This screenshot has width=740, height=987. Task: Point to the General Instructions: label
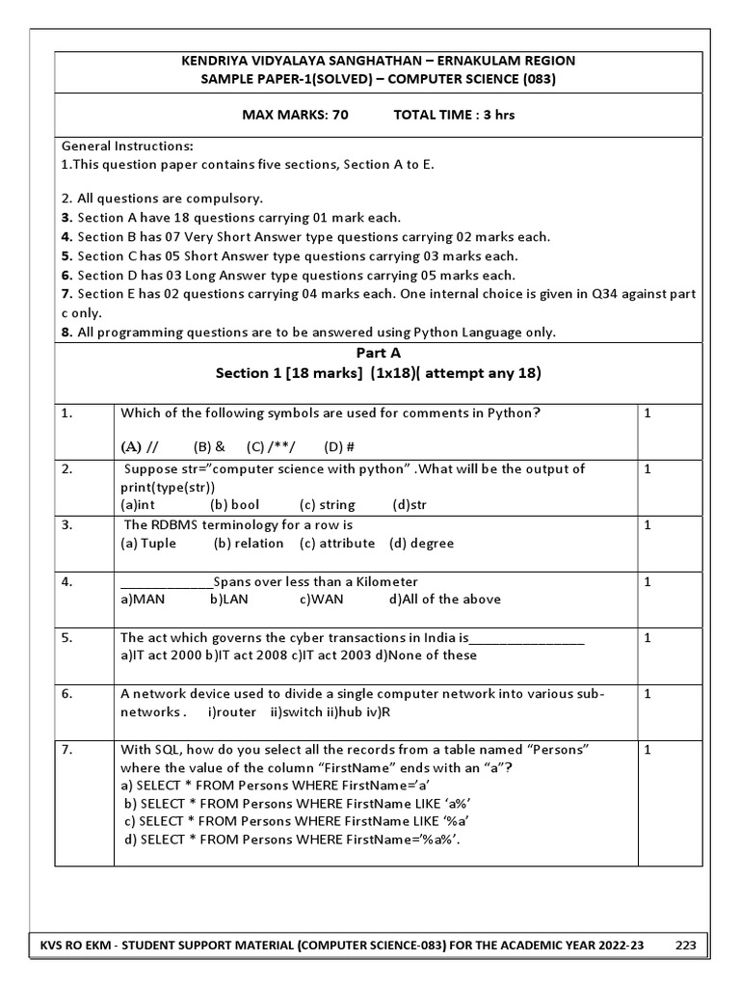127,146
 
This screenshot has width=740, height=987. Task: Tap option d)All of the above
444,599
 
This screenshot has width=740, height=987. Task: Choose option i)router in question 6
232,712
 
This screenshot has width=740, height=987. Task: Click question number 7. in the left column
67,749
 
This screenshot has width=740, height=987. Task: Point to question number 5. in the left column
67,637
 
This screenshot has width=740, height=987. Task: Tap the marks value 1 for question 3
648,525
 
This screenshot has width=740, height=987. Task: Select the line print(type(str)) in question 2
168,487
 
